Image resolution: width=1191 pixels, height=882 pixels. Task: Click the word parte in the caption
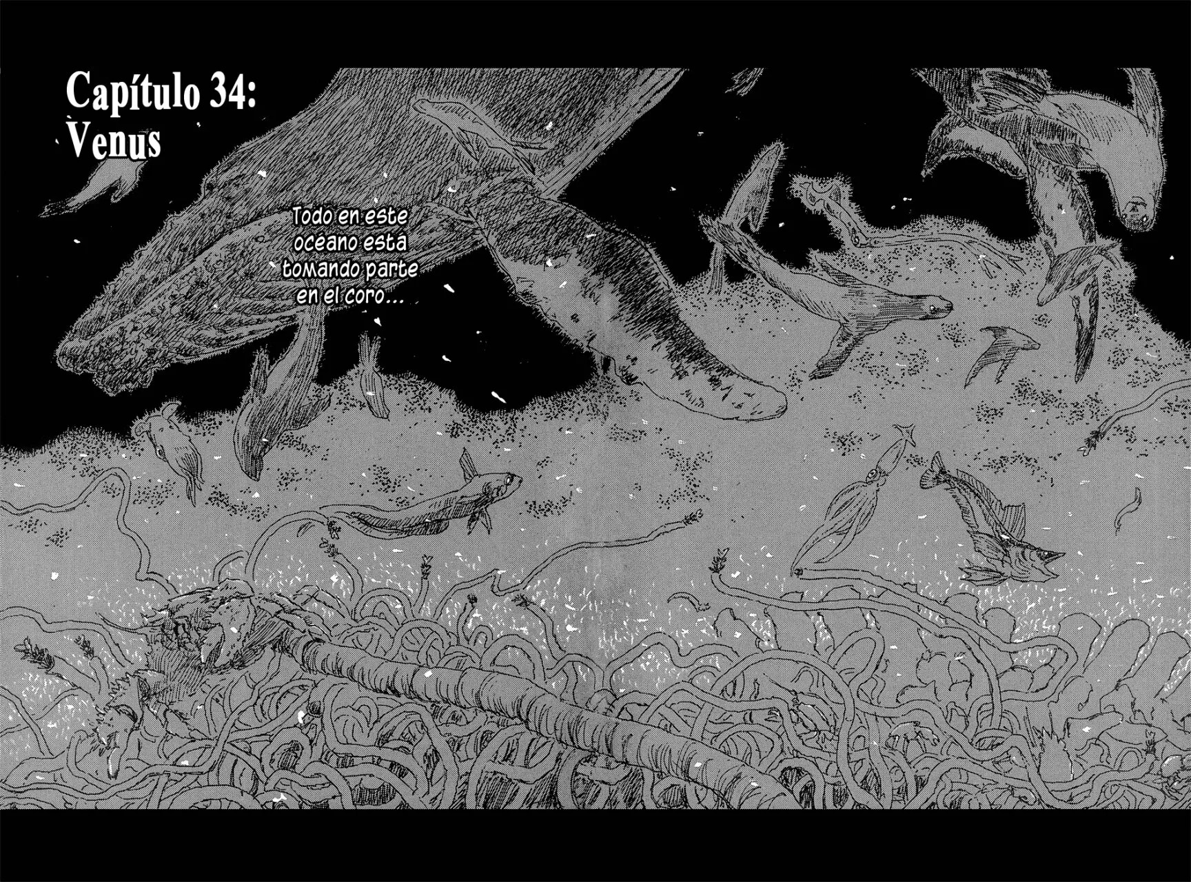[391, 269]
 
